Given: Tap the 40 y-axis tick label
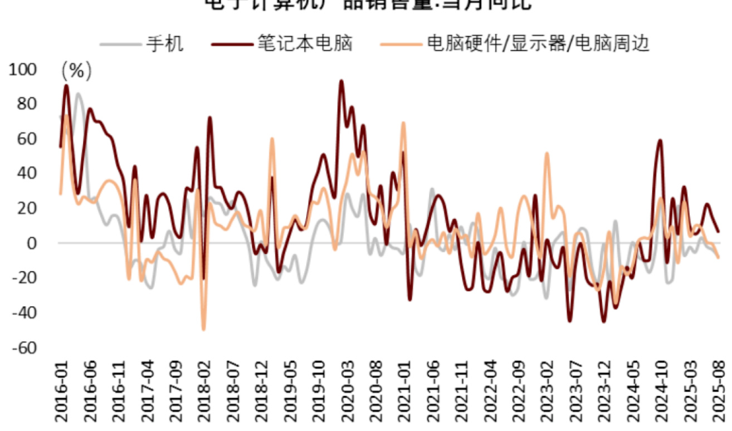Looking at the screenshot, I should point(26,174).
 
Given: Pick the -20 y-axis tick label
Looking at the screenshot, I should point(22,278).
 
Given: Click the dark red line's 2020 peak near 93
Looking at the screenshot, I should point(341,81).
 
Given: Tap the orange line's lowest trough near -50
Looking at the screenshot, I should point(203,329).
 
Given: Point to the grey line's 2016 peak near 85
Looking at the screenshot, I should point(77,94).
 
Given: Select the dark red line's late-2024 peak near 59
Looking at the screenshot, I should point(660,140).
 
